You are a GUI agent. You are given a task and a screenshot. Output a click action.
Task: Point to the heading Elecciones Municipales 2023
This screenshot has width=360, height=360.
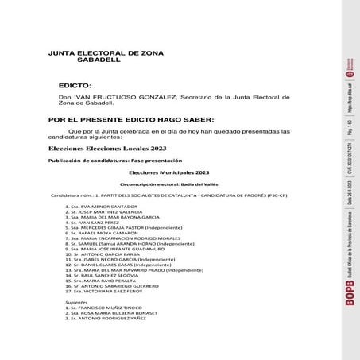point(168,172)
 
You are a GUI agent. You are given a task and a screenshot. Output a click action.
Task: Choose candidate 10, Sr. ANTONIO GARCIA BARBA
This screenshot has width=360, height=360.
point(110,254)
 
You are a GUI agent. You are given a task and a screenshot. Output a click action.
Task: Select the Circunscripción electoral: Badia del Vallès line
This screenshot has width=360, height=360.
point(169,183)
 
